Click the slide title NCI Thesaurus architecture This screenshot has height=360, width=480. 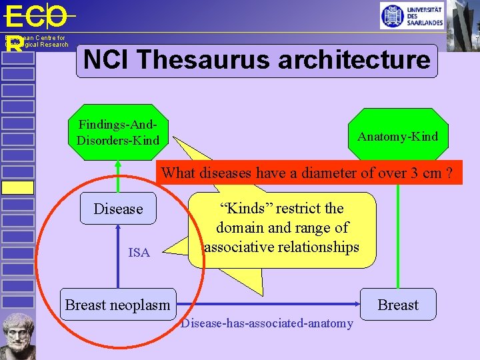[257, 61]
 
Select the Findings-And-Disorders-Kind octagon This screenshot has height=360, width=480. [118, 132]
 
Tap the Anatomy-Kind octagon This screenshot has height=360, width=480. [397, 137]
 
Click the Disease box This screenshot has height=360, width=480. [118, 209]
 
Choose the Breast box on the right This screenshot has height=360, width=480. [398, 305]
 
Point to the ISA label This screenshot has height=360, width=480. [139, 252]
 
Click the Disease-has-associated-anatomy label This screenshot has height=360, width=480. [267, 323]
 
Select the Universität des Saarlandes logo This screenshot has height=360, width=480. [411, 15]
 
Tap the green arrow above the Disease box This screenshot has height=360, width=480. [118, 177]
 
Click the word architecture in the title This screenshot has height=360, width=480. [354, 61]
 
